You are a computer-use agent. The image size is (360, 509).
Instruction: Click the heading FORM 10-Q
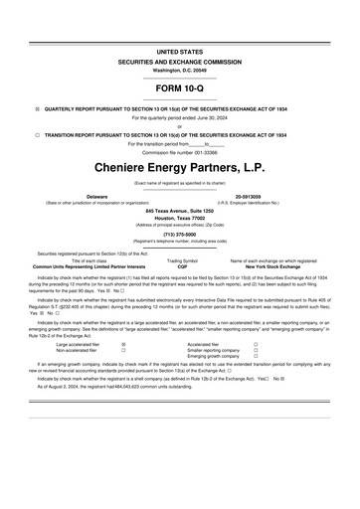click(179, 87)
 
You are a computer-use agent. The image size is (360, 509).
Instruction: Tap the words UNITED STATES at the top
click(179, 50)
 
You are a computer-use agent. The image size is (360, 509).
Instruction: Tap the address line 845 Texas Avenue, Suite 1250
click(179, 212)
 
